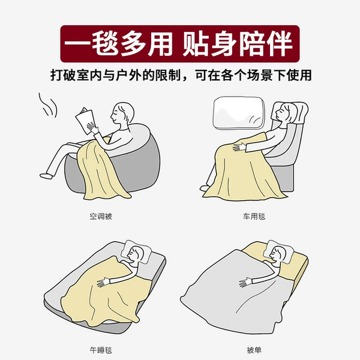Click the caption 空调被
[101, 216]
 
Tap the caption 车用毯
[254, 216]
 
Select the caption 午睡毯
[101, 350]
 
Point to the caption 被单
[254, 350]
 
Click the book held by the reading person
[85, 121]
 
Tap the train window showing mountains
[239, 113]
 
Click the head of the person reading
[122, 114]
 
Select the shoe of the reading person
[46, 176]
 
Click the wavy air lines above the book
[48, 105]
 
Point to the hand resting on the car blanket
[239, 147]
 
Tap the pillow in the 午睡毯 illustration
[136, 252]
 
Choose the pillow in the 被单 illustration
[278, 252]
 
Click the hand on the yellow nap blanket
[103, 282]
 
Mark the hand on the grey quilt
[246, 282]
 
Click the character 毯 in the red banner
[105, 44]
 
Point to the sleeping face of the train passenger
[281, 113]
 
